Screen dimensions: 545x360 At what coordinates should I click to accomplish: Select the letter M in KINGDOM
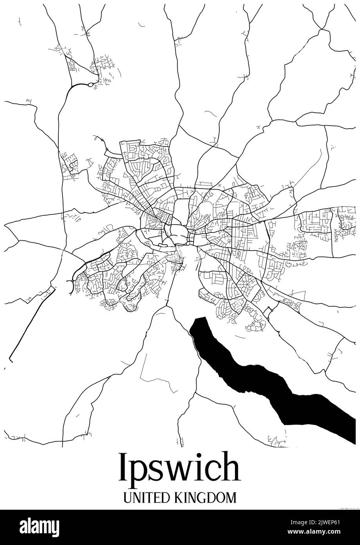point(231,498)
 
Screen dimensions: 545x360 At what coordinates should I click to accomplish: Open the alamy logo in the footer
point(39,527)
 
